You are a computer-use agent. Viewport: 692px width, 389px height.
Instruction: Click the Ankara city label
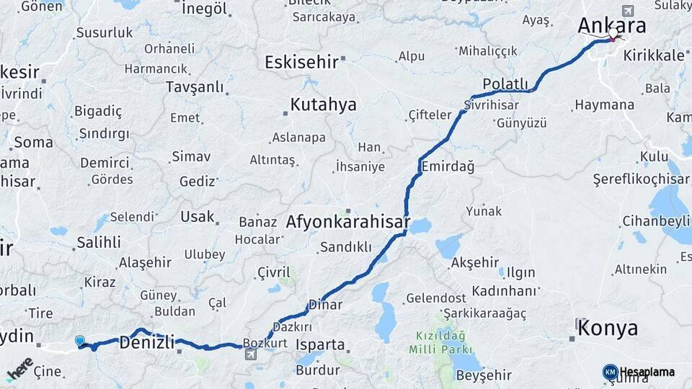(x=611, y=25)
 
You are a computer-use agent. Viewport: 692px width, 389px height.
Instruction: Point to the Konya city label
(x=608, y=328)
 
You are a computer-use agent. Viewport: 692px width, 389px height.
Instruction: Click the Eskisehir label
(x=301, y=62)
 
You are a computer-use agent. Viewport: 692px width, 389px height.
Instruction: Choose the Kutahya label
(x=323, y=104)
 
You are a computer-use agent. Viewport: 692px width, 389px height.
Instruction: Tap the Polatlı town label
(x=505, y=84)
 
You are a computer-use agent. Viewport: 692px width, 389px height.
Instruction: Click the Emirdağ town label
(x=448, y=166)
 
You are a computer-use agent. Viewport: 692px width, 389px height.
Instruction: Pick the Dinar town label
(x=325, y=304)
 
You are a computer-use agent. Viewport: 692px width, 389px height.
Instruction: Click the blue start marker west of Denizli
(x=79, y=341)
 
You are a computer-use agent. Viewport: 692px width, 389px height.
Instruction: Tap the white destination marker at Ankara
(x=613, y=33)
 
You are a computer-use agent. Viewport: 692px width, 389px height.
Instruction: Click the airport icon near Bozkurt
(x=250, y=354)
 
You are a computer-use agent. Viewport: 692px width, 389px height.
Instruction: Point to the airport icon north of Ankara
(x=627, y=11)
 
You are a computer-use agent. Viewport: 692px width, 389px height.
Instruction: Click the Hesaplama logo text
(x=647, y=372)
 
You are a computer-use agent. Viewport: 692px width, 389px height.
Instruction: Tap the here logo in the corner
(x=20, y=368)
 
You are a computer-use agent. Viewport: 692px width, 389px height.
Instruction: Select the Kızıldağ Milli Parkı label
(x=440, y=341)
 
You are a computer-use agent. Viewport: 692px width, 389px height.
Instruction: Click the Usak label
(x=198, y=216)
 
